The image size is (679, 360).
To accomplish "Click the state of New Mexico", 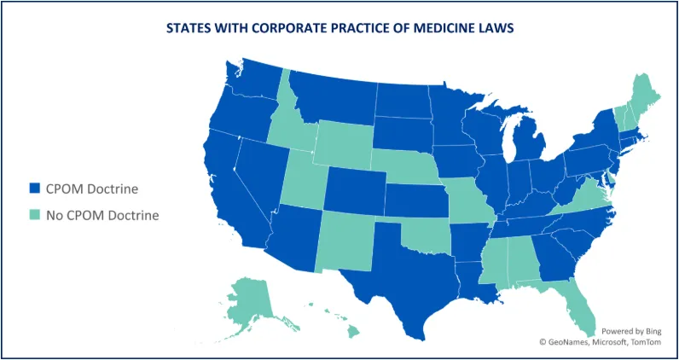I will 345,240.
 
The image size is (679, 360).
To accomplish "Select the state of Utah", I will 300,183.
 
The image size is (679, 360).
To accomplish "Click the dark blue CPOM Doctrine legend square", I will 34,188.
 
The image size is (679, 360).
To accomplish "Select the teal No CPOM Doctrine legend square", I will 34,214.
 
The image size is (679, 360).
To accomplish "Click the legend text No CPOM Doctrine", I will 102,214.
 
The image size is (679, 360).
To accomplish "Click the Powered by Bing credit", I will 630,330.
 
